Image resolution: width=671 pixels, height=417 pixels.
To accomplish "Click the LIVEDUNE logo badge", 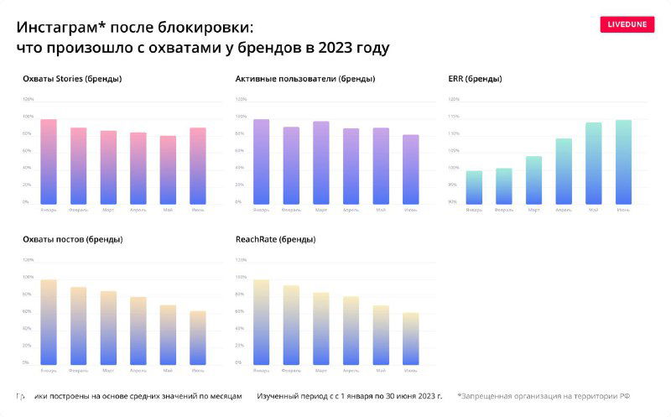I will tap(627, 24).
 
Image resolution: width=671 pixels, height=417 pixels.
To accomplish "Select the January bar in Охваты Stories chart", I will tap(49, 162).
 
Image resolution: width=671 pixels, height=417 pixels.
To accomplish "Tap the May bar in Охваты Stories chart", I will tap(168, 170).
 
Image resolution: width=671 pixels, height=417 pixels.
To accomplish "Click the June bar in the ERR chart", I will tap(623, 163).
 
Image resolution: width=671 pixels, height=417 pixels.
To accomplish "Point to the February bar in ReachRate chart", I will tap(291, 326).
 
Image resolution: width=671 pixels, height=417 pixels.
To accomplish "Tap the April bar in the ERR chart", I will tap(564, 172).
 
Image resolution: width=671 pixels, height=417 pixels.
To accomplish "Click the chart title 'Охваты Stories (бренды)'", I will tap(72, 79).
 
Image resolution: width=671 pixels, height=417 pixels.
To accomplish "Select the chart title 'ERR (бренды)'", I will tap(476, 79).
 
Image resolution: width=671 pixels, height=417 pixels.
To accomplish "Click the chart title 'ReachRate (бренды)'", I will tap(275, 239).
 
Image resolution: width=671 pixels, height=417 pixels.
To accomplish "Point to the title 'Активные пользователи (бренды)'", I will tap(305, 79).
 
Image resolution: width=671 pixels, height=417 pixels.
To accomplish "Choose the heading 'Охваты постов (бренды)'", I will tap(73, 239).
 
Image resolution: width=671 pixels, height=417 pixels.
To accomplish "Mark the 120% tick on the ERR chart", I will tap(455, 99).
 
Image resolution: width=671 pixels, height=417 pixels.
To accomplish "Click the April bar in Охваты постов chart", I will tap(138, 331).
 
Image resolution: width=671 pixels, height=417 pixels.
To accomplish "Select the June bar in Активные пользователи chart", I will tap(411, 169).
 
